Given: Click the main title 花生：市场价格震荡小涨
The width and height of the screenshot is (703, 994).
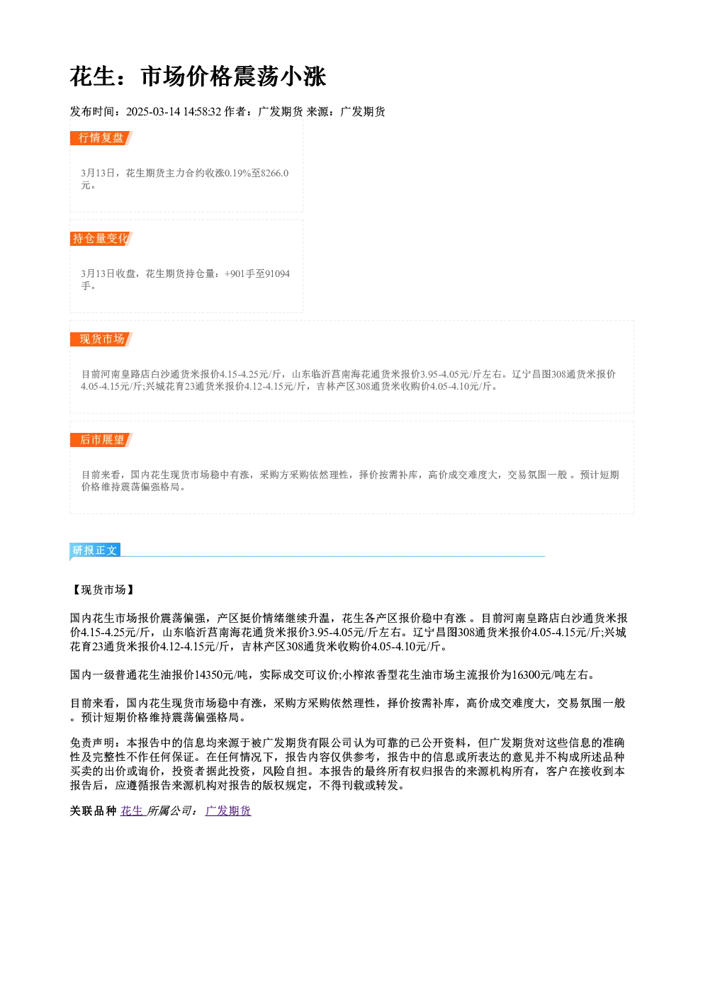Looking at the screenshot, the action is coord(198,77).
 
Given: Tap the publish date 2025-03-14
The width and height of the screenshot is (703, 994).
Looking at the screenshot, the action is coord(153,111).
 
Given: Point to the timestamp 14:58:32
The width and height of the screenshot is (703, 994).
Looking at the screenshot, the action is coord(202,111).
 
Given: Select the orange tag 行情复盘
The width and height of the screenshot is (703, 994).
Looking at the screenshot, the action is coord(101,138).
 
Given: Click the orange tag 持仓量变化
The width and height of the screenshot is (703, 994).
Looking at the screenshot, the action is coord(101,239).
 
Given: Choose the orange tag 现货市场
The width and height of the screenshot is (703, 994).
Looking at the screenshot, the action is coord(101,339).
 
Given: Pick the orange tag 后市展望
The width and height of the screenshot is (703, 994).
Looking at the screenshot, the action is coord(101,440).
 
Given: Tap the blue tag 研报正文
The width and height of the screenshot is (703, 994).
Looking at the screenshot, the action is coord(95,550).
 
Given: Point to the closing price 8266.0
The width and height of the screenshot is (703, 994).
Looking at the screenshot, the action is coord(275,173).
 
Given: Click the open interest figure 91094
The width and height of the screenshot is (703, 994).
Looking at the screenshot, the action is coord(277,273).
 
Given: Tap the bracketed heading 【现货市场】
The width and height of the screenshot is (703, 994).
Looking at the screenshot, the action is coord(103,589).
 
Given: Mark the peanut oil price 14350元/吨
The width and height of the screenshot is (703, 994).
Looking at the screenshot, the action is coord(222,675).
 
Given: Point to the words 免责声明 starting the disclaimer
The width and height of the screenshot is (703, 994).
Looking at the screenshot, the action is coord(92,742).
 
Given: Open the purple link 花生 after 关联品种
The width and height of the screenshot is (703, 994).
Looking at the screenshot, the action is coord(132,811).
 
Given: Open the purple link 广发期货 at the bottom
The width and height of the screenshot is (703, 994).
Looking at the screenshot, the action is coord(228,811).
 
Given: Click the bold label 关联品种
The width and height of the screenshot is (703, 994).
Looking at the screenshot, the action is coord(93,811).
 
